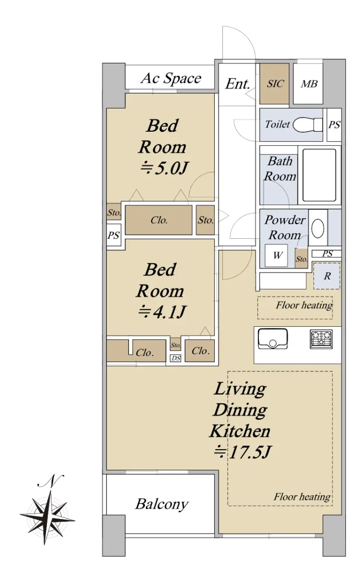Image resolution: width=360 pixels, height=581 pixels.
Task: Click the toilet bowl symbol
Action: point(308,125)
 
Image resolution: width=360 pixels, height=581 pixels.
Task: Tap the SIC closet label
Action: point(275,84)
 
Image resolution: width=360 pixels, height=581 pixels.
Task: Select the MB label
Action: point(309,84)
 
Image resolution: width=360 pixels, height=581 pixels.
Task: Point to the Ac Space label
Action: point(171,78)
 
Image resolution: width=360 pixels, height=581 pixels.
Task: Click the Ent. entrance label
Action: point(237,84)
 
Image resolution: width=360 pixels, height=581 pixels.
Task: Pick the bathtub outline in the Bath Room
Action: point(319,175)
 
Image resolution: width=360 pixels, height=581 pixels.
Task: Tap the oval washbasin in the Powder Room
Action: point(318,229)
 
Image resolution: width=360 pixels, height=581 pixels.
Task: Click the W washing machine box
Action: point(277,256)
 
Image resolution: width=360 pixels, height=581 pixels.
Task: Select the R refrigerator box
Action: point(327,276)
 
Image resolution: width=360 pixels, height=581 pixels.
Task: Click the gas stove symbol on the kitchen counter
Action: point(321,339)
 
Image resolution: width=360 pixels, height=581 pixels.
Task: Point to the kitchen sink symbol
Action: point(273,339)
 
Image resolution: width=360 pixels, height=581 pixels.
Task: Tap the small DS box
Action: point(176,358)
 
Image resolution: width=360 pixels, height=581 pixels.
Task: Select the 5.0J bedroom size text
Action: point(164,168)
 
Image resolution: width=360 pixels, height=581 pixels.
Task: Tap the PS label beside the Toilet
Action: point(334,125)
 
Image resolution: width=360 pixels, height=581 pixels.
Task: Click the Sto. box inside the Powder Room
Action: point(301,259)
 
